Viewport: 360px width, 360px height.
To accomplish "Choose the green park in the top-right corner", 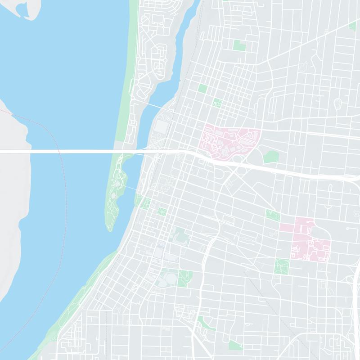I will point(353,26).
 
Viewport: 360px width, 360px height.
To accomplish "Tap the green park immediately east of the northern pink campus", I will point(271,157).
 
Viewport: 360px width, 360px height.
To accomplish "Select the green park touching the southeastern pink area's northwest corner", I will point(272,215).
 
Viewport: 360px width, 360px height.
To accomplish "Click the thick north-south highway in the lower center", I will point(200,279).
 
